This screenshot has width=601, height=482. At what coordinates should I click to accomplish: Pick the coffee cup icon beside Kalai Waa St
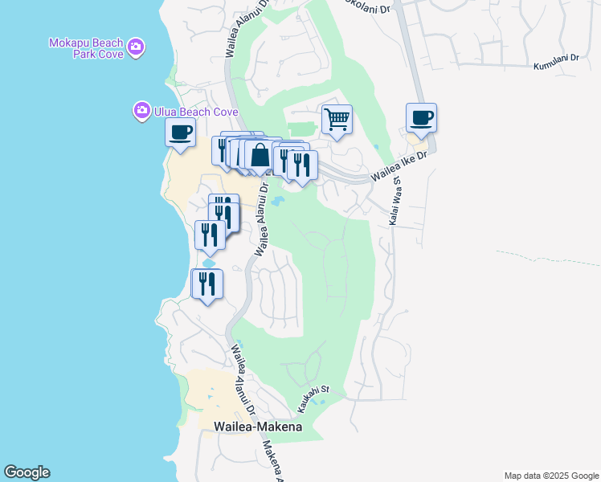pyautogui.click(x=421, y=118)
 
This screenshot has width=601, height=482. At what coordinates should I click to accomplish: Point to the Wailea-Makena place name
pyautogui.click(x=258, y=427)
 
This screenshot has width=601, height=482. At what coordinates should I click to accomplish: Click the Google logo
pyautogui.click(x=27, y=472)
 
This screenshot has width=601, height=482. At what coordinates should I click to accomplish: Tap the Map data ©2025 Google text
pyautogui.click(x=550, y=476)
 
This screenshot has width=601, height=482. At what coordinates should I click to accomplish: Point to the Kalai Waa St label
pyautogui.click(x=394, y=204)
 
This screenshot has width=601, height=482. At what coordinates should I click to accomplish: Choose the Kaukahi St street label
pyautogui.click(x=320, y=398)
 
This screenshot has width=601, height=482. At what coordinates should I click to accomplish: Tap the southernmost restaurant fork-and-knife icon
pyautogui.click(x=207, y=285)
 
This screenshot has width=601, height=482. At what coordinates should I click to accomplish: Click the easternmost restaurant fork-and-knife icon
pyautogui.click(x=302, y=166)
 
